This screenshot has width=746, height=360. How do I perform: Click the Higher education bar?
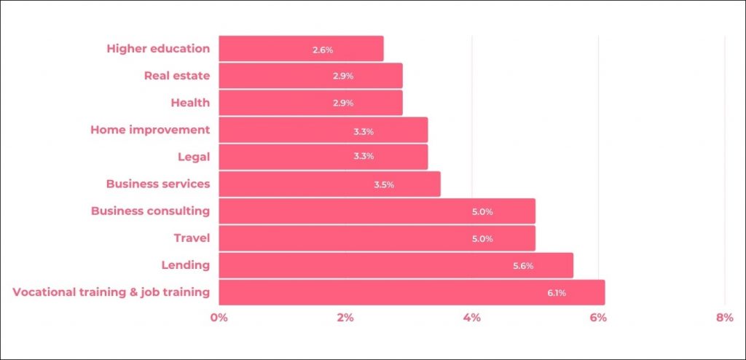pos(301,49)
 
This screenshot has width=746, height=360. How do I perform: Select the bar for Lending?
pos(396,265)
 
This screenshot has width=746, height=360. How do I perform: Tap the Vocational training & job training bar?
pos(412,292)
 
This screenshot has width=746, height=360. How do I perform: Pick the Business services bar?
pos(329,184)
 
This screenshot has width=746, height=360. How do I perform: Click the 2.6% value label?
pos(323,50)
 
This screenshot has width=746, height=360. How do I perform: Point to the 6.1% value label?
pos(556,293)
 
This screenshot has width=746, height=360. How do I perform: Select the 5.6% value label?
pos(523,266)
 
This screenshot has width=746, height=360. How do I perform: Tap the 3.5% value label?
pos(384,185)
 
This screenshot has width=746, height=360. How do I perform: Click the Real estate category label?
pos(177,76)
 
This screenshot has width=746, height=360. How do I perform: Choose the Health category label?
pos(190,103)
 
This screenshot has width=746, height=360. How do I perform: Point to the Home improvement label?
pos(150,130)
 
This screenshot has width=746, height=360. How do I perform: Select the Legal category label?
pos(194,157)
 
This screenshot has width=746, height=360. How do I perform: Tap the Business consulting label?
pos(150,211)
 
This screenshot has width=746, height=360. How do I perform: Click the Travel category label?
pos(192,238)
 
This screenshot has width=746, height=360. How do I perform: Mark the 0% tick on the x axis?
pos(219,318)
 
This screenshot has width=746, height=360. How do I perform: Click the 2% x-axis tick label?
pos(345,318)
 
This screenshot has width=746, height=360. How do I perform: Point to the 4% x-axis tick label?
pos(472,318)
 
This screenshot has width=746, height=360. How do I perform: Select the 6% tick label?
pos(598,318)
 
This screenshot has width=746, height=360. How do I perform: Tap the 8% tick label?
pos(724,318)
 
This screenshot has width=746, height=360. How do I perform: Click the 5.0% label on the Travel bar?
pos(482,239)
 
